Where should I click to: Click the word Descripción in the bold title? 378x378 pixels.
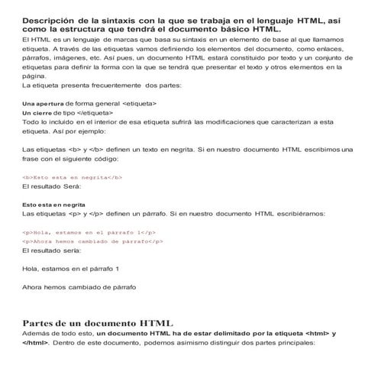[x=50, y=19]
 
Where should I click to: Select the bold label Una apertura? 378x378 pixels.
[x=44, y=102]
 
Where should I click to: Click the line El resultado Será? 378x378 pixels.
[x=52, y=186]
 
